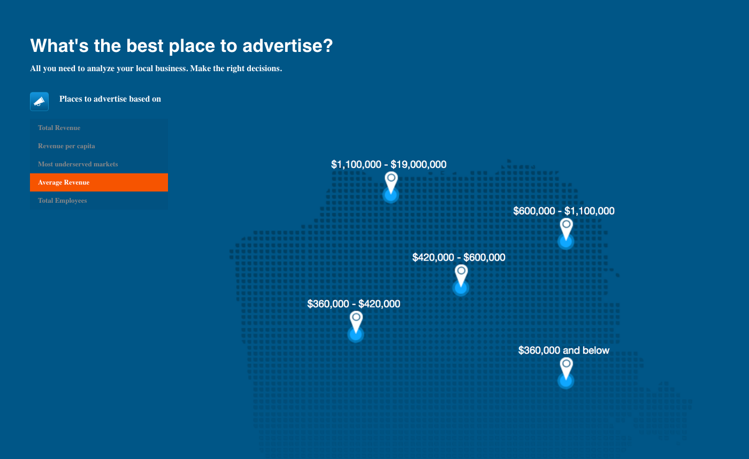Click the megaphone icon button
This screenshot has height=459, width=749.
point(39,101)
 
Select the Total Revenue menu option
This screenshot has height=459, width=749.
point(59,128)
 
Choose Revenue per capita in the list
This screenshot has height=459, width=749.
point(66,146)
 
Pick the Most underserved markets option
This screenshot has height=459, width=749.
point(78,164)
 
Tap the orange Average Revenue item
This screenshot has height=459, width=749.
point(99,182)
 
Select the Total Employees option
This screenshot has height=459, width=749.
point(63,201)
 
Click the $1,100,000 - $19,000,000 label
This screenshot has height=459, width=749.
point(388,164)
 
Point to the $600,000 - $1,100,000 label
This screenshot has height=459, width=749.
point(564,211)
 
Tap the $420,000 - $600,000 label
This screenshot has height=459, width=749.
point(459,257)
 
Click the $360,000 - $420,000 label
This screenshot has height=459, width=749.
point(354,304)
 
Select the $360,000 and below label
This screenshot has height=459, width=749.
point(564,350)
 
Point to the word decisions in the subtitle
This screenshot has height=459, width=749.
point(264,68)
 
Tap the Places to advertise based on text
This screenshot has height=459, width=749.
point(110,99)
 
